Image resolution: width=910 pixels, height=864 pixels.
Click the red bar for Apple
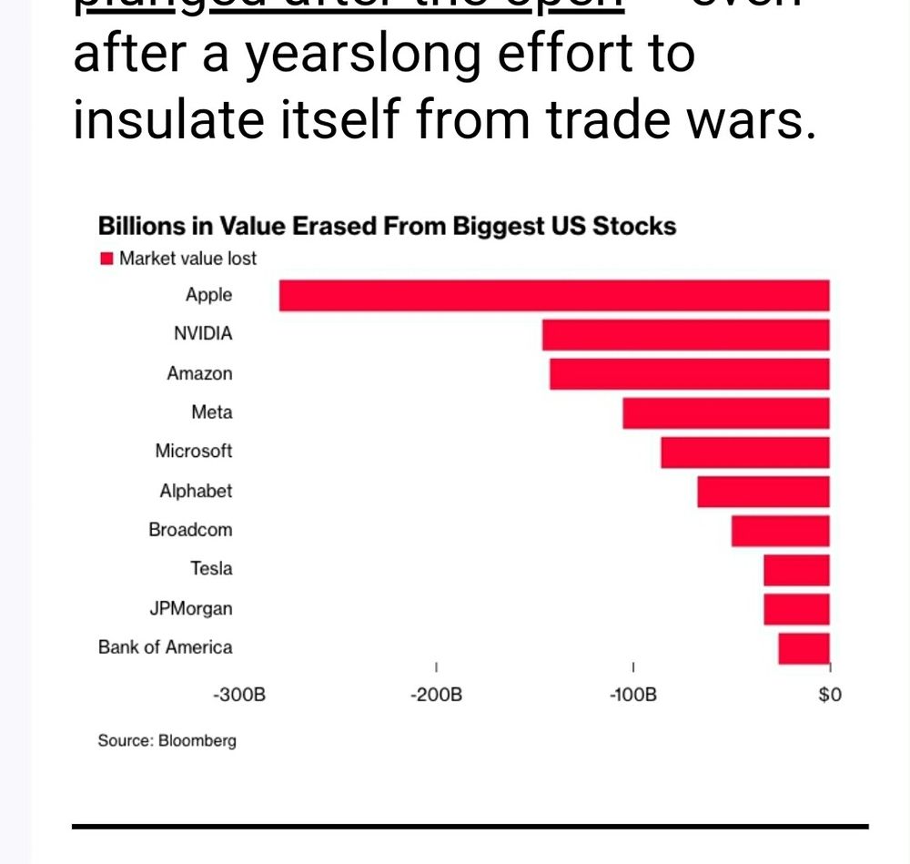tap(554, 296)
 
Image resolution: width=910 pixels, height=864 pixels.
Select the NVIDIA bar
tap(685, 335)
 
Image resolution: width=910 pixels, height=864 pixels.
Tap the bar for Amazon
tap(689, 374)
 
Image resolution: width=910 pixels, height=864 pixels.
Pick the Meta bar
tap(725, 413)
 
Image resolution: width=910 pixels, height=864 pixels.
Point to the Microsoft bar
tap(744, 452)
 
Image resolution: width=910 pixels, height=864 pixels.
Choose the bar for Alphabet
tap(763, 492)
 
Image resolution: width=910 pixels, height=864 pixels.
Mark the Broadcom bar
tap(780, 531)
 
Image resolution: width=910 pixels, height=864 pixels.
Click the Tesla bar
tap(796, 570)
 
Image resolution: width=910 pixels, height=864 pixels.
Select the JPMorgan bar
tap(796, 609)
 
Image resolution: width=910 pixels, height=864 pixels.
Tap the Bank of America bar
tap(804, 648)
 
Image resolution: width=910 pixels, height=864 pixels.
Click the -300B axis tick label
tap(240, 696)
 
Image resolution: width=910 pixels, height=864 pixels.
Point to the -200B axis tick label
tap(437, 696)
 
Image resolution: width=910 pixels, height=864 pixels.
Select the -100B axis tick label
tap(633, 696)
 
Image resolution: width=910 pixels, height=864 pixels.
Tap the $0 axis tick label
tap(829, 696)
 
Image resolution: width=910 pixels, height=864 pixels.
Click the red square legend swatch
tap(106, 259)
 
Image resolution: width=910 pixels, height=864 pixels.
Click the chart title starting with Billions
tap(387, 226)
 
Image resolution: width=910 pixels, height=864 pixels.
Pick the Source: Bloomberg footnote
tap(167, 740)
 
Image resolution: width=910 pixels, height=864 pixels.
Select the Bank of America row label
tap(165, 647)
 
